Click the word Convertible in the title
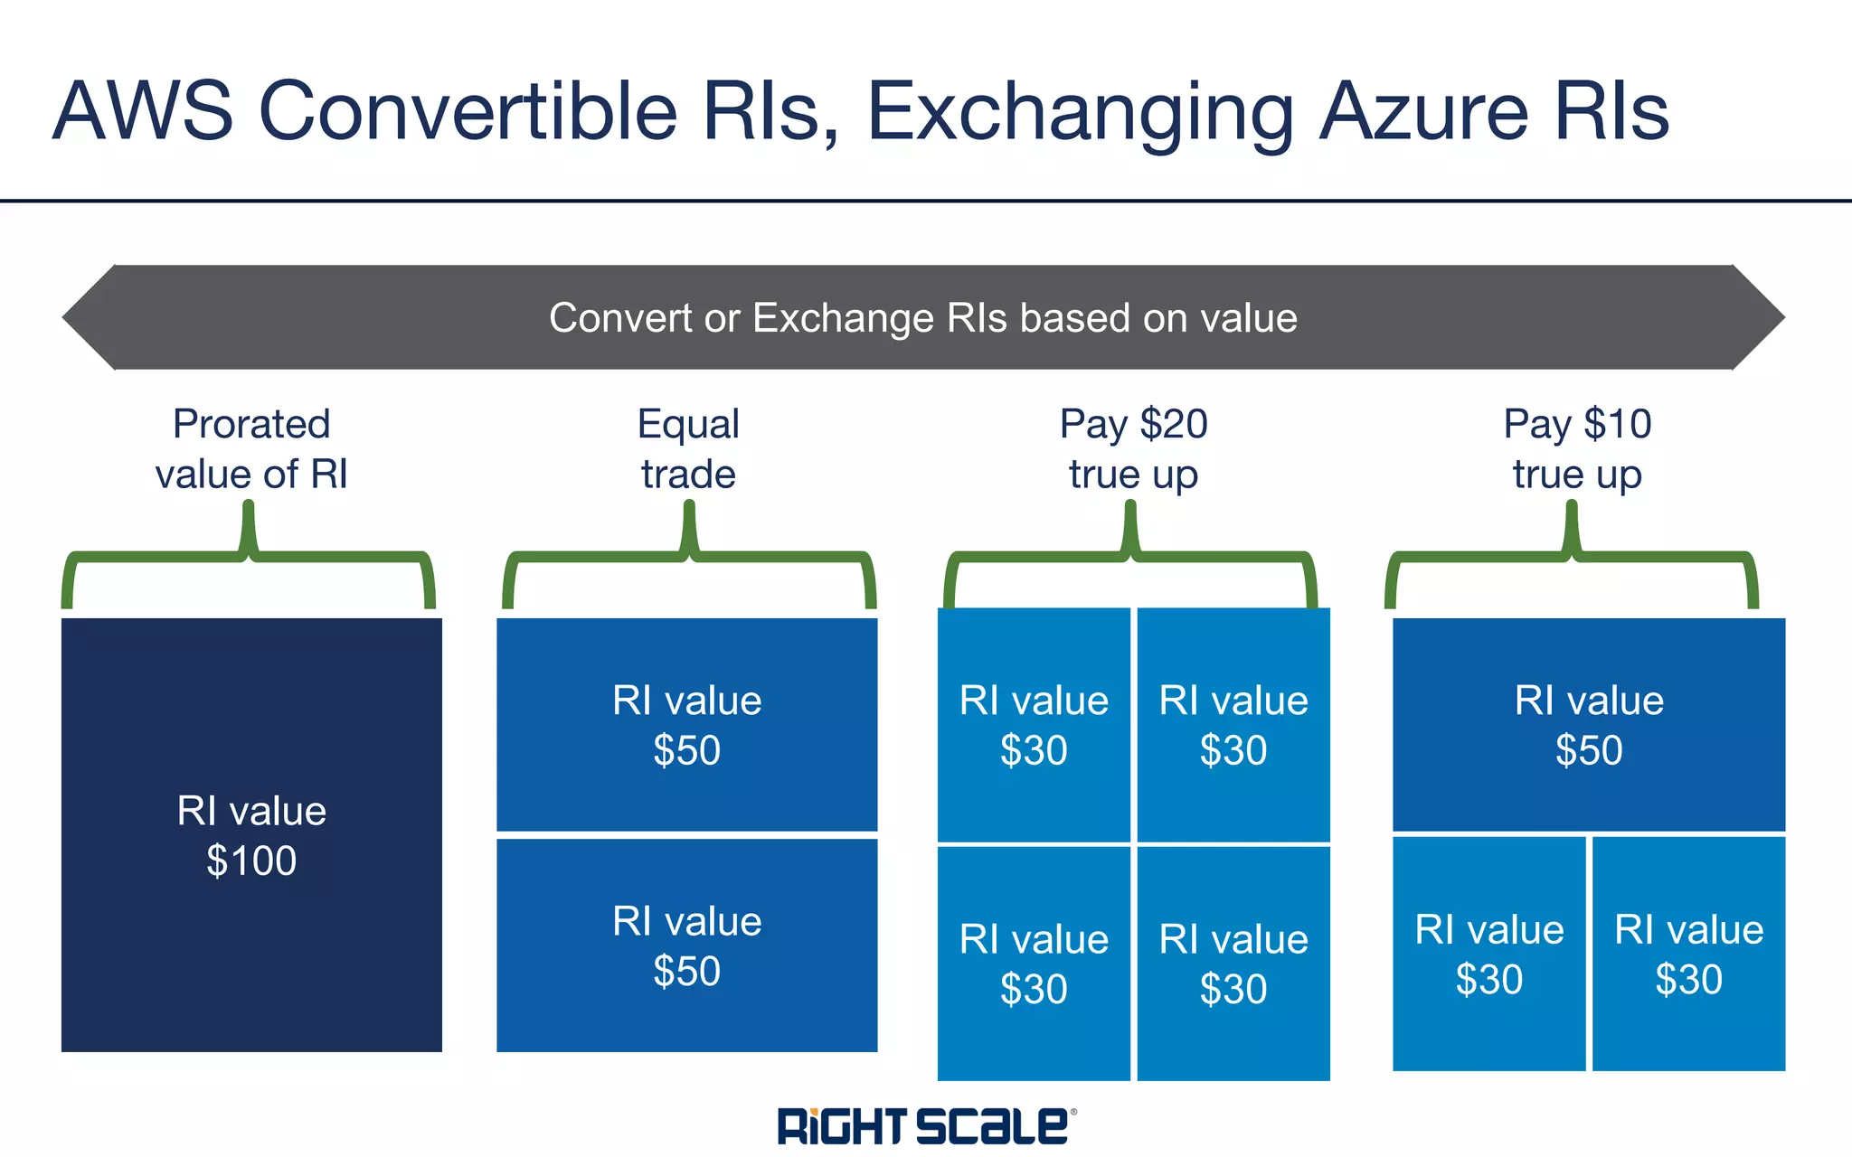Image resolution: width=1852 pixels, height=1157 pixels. pyautogui.click(x=468, y=112)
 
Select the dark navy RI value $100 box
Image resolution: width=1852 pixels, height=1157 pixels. pyautogui.click(x=251, y=834)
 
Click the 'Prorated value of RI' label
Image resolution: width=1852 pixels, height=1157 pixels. pyautogui.click(x=251, y=449)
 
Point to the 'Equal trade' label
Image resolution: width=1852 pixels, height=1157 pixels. pyautogui.click(x=688, y=449)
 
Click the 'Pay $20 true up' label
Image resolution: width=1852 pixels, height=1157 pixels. pyautogui.click(x=1133, y=449)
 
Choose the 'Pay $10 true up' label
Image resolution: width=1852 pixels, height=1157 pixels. pyautogui.click(x=1577, y=449)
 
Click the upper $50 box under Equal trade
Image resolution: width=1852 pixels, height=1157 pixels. pyautogui.click(x=687, y=724)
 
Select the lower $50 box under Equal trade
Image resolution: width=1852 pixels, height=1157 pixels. pyautogui.click(x=687, y=945)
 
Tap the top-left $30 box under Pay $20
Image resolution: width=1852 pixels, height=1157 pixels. pyautogui.click(x=1034, y=725)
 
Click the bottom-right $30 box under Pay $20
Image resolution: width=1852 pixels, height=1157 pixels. pyautogui.click(x=1233, y=964)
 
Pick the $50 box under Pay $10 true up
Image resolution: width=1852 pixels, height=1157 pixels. pyautogui.click(x=1589, y=724)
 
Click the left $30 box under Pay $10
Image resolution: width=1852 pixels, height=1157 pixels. pyautogui.click(x=1488, y=954)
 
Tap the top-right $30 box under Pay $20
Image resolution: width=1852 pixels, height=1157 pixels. pyautogui.click(x=1233, y=725)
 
